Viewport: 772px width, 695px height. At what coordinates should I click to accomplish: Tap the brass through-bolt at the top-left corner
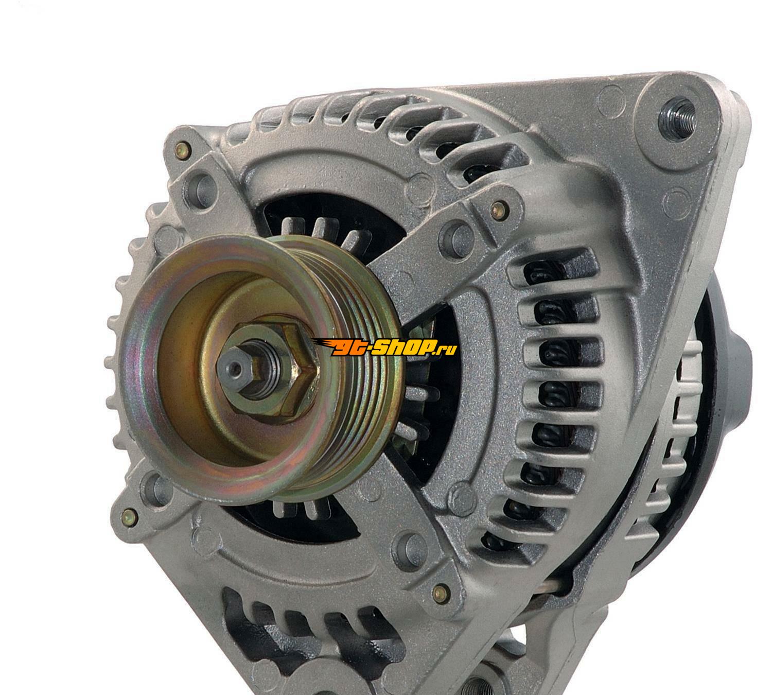182,150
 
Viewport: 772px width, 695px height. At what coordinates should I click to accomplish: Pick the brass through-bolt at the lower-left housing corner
130,517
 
